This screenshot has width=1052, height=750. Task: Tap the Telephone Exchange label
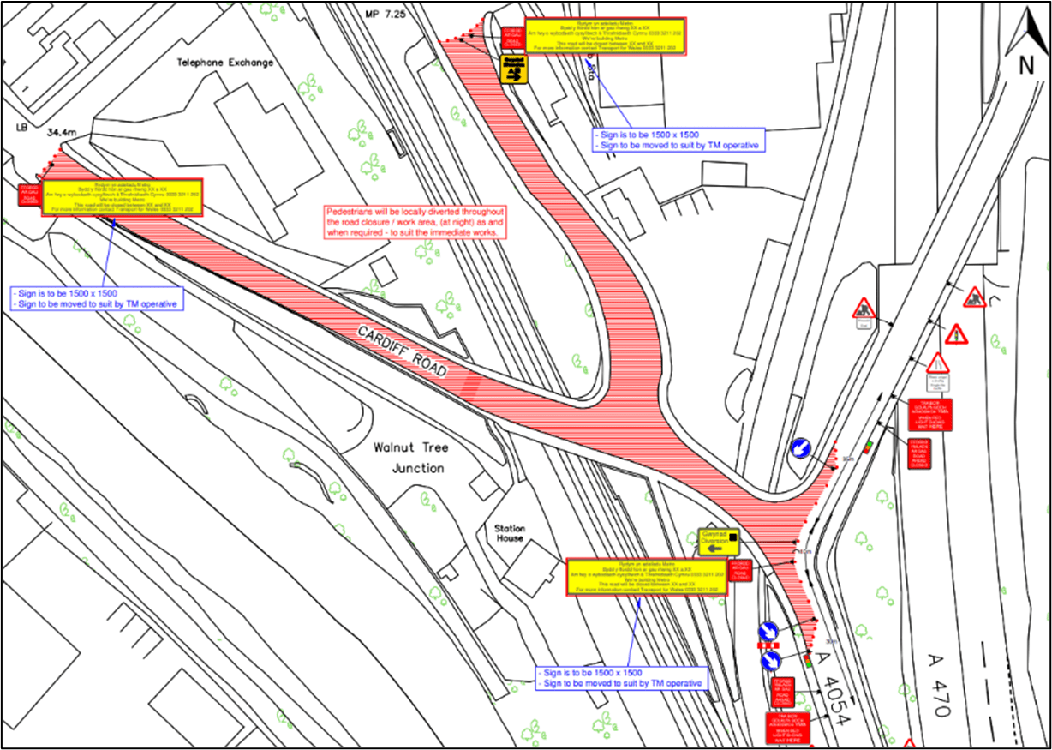point(224,63)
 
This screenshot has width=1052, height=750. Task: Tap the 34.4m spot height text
point(63,133)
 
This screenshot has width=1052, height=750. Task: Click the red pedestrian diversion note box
point(415,221)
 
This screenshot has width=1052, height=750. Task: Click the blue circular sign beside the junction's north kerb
point(800,447)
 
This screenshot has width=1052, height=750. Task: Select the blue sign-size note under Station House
point(622,678)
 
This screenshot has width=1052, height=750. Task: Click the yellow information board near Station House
point(651,578)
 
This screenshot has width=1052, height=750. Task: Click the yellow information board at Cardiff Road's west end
point(122,198)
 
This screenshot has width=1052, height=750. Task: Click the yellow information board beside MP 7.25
point(605,37)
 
